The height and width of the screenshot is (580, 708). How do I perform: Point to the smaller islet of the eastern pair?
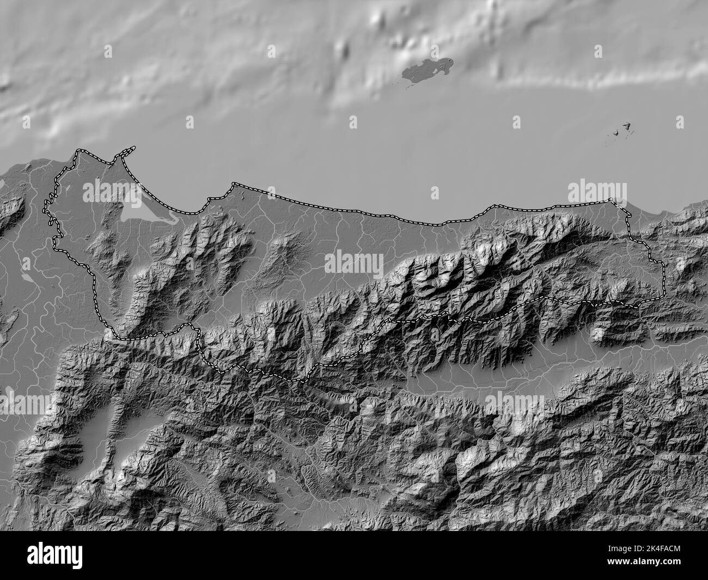616,132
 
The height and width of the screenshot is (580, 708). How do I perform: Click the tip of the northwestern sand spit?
133,147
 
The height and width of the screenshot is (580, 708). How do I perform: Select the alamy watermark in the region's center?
355,264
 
